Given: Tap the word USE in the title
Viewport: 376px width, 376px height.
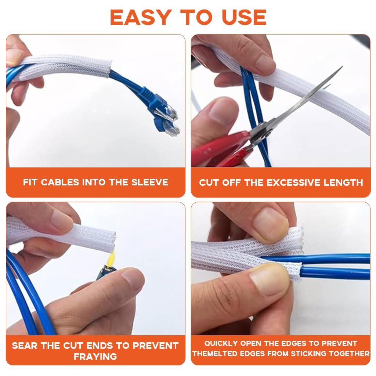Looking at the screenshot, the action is pyautogui.click(x=244, y=18).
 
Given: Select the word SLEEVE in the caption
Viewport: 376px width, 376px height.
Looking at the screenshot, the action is pyautogui.click(x=150, y=182).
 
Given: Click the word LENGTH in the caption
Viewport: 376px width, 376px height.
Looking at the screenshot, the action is pyautogui.click(x=343, y=183).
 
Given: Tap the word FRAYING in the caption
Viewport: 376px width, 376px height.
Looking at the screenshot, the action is pyautogui.click(x=95, y=357).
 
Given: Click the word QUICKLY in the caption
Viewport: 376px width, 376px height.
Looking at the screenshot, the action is pyautogui.click(x=221, y=343).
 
